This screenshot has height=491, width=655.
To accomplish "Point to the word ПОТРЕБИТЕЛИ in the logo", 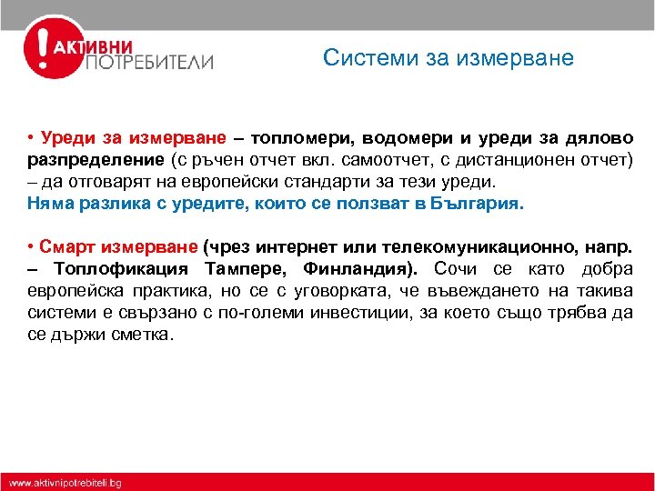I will pos(149,63).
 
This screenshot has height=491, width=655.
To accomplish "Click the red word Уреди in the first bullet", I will pos(68,140).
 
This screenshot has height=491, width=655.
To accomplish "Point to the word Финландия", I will pos(360,269).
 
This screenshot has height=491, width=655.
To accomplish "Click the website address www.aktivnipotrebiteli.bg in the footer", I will pos(65,481).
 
